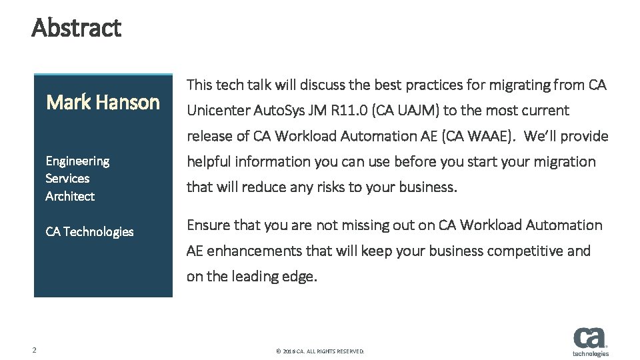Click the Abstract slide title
point(76,28)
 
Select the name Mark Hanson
point(103,102)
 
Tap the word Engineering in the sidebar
point(77,161)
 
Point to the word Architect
point(70,196)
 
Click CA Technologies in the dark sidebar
point(89,231)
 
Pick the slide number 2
point(34,350)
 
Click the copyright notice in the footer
point(320,351)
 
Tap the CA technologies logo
point(590,341)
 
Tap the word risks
point(316,187)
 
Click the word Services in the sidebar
point(67,178)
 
